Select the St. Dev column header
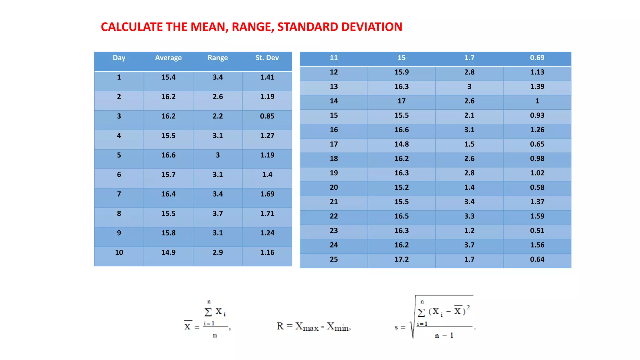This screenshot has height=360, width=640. [267, 58]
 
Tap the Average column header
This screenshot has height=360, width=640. [168, 58]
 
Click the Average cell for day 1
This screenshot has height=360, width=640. [168, 77]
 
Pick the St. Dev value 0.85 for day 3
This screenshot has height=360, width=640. [267, 116]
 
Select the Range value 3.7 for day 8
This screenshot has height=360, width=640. [217, 213]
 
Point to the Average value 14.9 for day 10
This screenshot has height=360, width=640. [168, 252]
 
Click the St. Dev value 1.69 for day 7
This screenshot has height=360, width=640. [267, 194]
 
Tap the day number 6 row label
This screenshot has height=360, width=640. [119, 175]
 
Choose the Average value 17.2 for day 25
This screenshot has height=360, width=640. [401, 259]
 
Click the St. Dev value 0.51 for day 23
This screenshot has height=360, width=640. [537, 231]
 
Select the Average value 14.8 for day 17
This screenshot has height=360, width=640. [401, 144]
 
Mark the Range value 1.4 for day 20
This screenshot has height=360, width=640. [469, 187]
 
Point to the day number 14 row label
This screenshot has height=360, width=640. [333, 101]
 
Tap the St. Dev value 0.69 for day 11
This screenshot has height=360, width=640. [537, 58]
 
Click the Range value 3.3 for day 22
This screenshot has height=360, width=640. [469, 216]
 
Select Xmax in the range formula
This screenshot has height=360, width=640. [307, 327]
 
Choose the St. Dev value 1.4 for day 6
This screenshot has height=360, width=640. [267, 175]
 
